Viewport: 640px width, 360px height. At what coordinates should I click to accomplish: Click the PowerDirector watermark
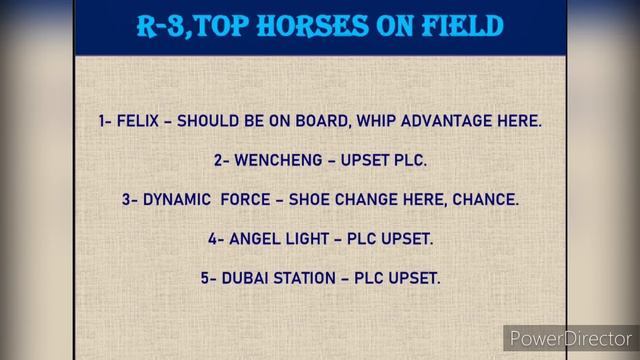point(570,338)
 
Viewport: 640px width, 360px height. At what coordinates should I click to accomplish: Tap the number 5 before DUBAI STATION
point(204,278)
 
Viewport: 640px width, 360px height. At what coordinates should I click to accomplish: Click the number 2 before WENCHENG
point(218,160)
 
